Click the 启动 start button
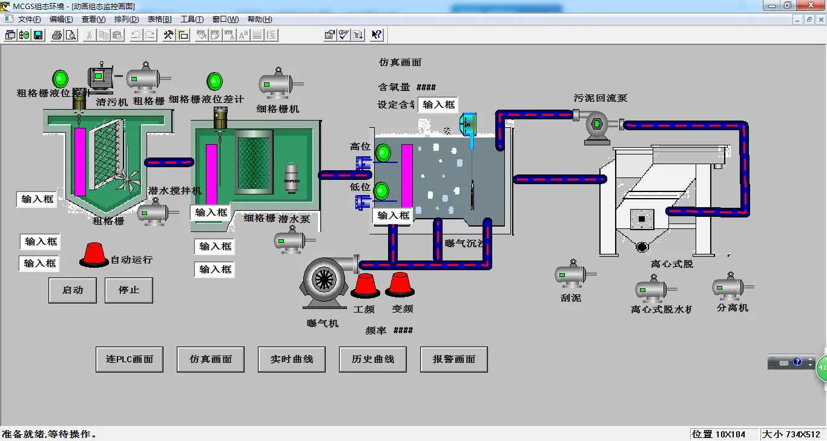click(73, 290)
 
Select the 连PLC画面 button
click(130, 359)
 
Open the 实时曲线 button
click(292, 359)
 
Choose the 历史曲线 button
click(373, 359)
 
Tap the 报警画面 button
click(454, 359)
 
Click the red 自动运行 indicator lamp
click(94, 254)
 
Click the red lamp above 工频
click(365, 285)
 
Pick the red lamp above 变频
click(400, 284)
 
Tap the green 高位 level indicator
click(383, 153)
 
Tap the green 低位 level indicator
click(381, 191)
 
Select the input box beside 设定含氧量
click(438, 104)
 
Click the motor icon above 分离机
click(731, 287)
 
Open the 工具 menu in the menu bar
click(191, 19)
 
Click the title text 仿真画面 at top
click(400, 62)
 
